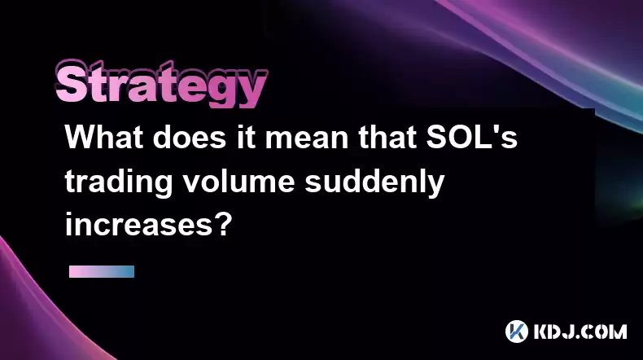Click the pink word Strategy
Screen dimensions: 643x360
point(162,84)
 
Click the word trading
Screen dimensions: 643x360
point(119,183)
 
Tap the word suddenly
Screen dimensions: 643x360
point(374,183)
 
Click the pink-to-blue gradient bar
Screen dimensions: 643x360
point(102,271)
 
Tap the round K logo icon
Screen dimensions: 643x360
point(517,331)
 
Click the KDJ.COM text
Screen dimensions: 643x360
point(580,331)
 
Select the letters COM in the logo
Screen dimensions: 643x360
point(604,331)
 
